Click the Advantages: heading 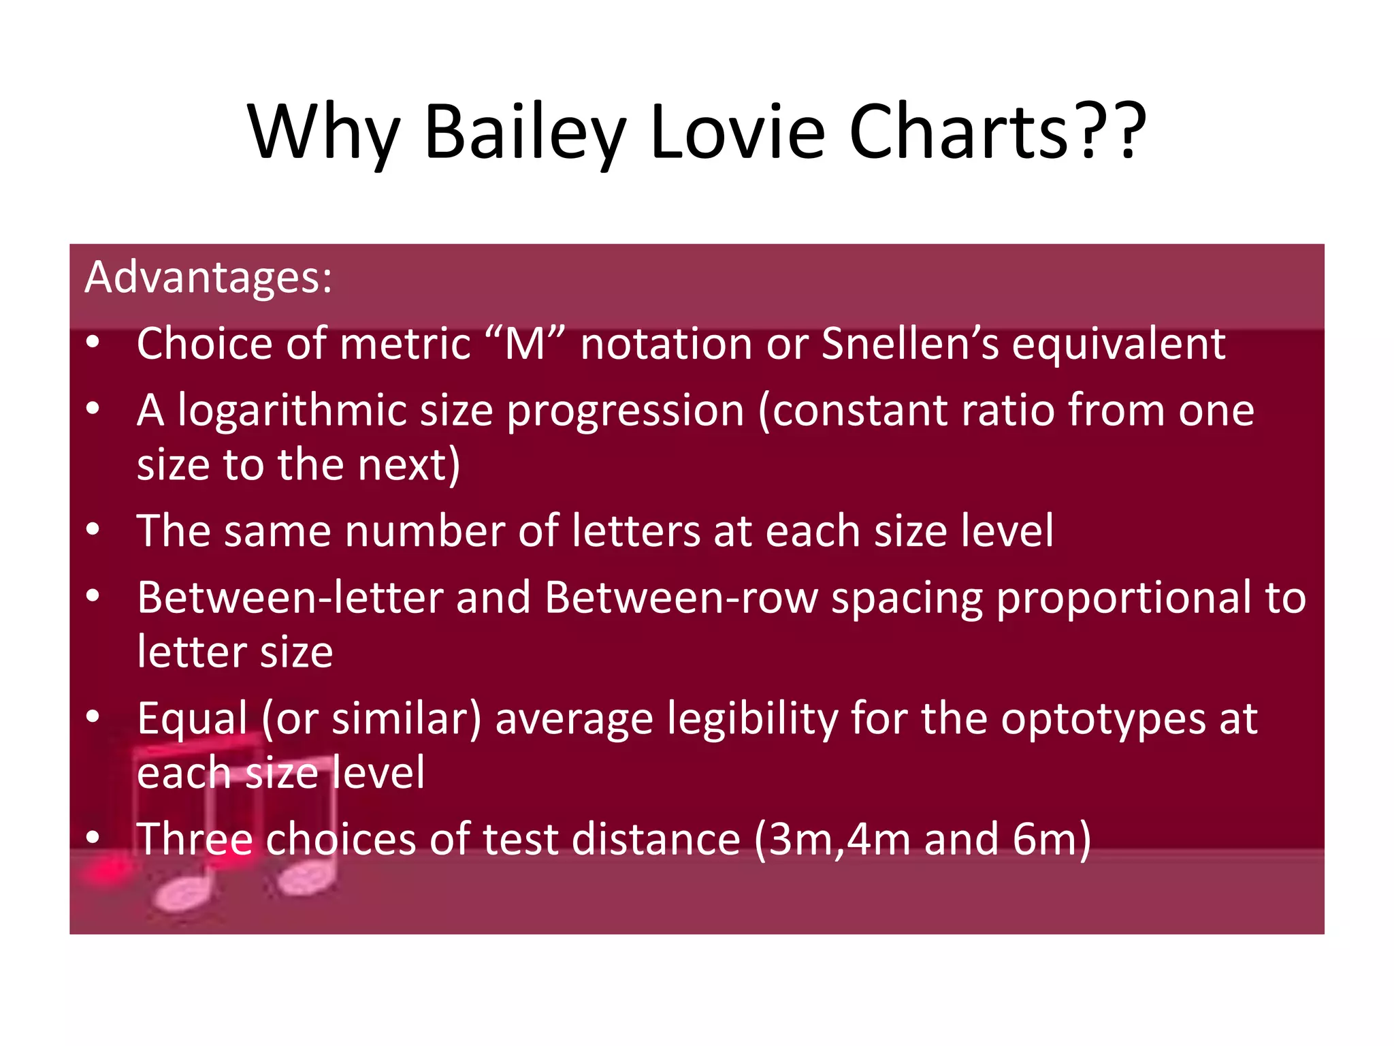(x=208, y=277)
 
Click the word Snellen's (x=910, y=343)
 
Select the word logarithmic (x=291, y=411)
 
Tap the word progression (x=626, y=411)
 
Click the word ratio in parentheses (x=1003, y=411)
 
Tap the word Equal (x=192, y=718)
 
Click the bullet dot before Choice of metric (x=93, y=343)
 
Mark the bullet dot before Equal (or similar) (x=93, y=716)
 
